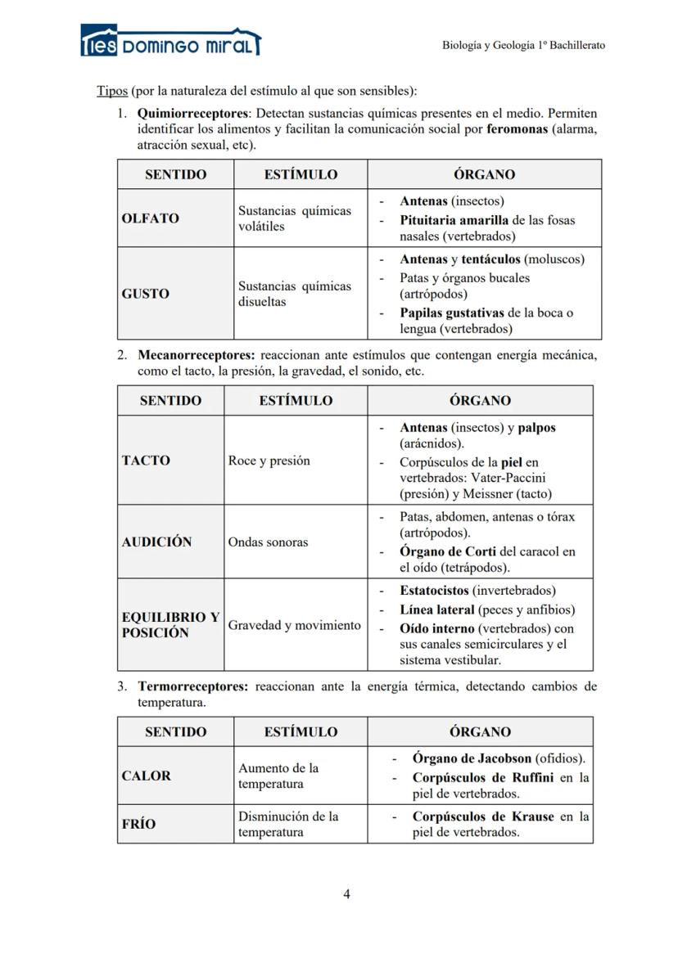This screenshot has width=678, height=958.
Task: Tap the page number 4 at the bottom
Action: (346, 893)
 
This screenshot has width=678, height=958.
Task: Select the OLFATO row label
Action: (150, 218)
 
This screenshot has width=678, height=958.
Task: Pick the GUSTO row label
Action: (145, 294)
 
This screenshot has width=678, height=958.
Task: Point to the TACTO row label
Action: (146, 461)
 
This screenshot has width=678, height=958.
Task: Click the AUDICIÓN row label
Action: (156, 542)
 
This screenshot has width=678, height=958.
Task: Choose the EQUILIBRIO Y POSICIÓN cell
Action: (170, 625)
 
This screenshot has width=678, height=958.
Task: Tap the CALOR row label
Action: (146, 776)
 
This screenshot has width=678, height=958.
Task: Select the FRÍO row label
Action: (138, 824)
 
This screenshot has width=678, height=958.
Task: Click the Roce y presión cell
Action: (269, 461)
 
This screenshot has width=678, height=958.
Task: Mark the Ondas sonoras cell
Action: (269, 542)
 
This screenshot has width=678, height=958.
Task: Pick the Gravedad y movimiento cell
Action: (294, 625)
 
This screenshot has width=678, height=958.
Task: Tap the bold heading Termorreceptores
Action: (192, 686)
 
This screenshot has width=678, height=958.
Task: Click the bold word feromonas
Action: (517, 128)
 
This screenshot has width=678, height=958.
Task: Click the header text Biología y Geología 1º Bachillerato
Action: (523, 45)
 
